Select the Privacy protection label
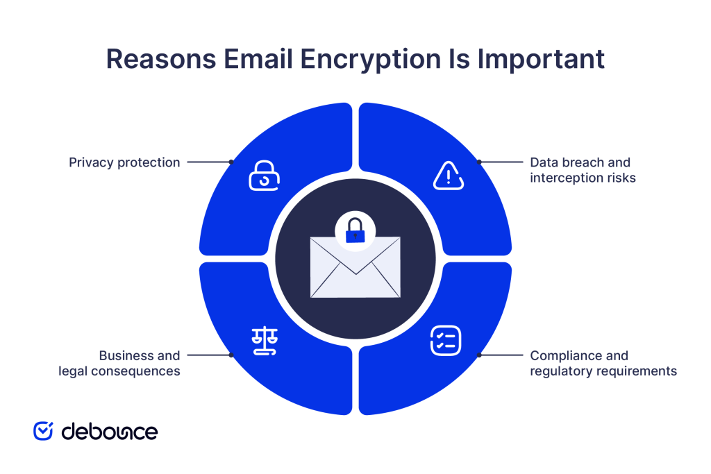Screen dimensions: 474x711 124,162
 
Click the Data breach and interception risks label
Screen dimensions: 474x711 583,170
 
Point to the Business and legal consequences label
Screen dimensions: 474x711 119,363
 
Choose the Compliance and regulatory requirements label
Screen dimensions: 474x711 603,363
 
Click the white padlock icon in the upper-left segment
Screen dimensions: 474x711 264,176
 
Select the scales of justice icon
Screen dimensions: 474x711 263,341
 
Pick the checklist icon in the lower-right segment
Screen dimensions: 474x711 446,341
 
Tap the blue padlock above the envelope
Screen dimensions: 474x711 355,231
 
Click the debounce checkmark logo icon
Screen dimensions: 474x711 43,431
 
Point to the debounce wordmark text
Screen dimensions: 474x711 110,431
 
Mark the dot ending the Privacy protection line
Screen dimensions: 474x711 232,162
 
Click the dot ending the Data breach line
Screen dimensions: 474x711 479,162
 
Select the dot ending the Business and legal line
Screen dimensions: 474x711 232,355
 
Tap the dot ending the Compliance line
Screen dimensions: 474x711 479,355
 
